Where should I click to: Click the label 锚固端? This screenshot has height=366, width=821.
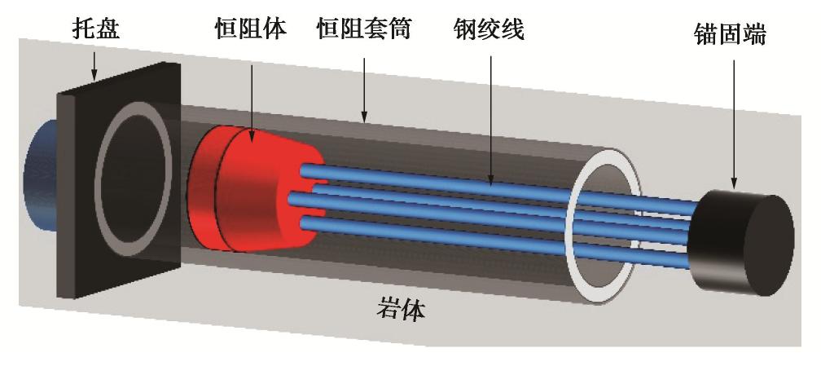731,34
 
